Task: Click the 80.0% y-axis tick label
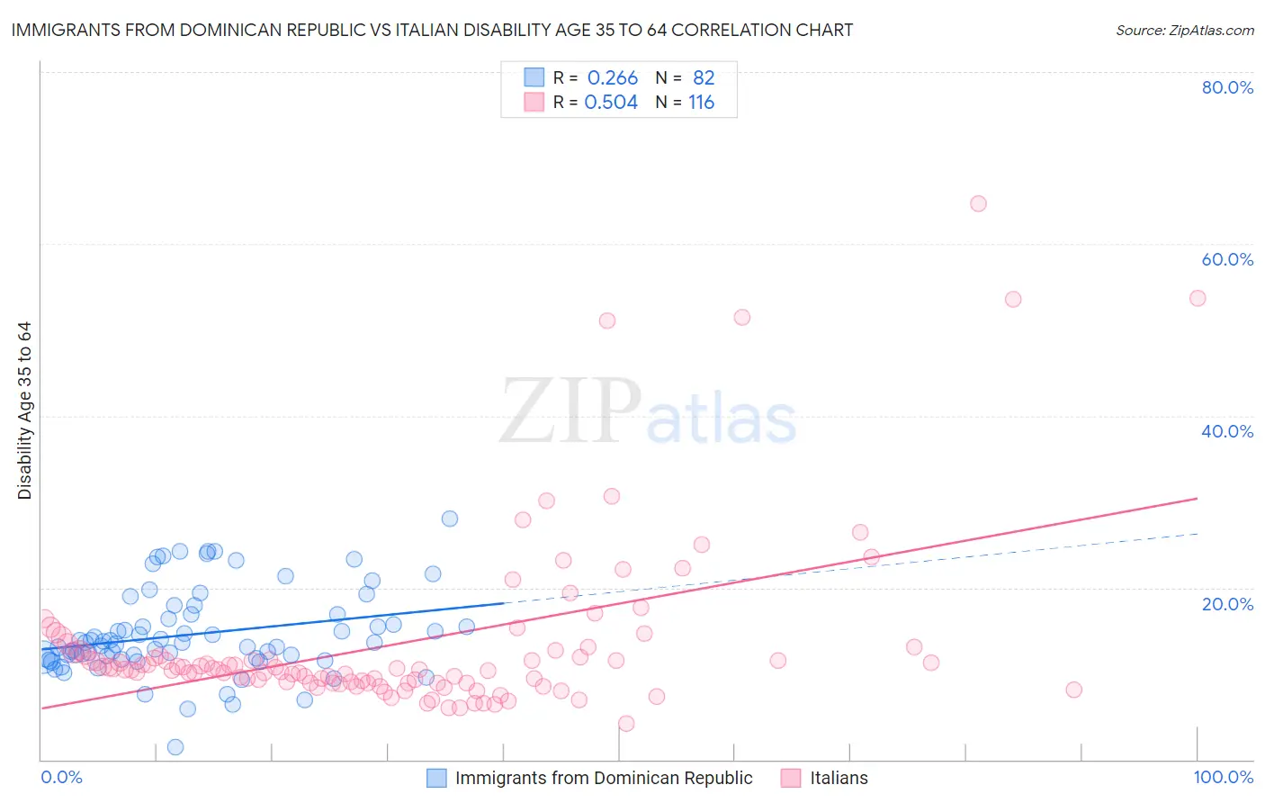(x=1227, y=87)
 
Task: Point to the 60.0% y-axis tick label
(x=1227, y=259)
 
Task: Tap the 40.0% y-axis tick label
(x=1227, y=431)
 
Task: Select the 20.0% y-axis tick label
(x=1227, y=604)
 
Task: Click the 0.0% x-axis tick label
(x=61, y=777)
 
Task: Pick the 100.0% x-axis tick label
(x=1223, y=777)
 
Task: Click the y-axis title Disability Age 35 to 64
(x=24, y=411)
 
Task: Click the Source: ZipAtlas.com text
(x=1184, y=31)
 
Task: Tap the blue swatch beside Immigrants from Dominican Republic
(x=436, y=778)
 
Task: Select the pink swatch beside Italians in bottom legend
(x=791, y=778)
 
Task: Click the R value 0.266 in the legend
(x=612, y=78)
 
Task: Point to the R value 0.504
(x=611, y=103)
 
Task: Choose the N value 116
(x=701, y=103)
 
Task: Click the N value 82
(x=703, y=78)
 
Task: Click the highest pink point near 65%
(x=978, y=203)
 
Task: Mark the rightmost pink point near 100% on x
(x=1198, y=298)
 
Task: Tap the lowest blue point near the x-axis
(x=175, y=747)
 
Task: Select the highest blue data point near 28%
(x=450, y=519)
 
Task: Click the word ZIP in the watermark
(x=569, y=412)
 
